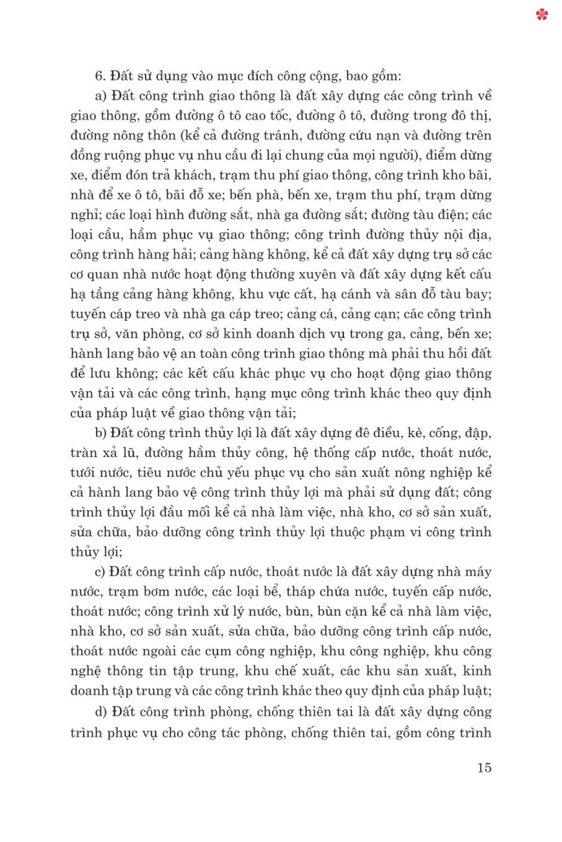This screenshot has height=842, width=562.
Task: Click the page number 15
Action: click(x=484, y=767)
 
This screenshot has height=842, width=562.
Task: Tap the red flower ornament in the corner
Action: click(x=542, y=14)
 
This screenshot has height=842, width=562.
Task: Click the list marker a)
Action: click(x=101, y=96)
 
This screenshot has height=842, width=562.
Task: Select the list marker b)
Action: click(x=101, y=433)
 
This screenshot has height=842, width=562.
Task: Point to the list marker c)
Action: click(x=100, y=572)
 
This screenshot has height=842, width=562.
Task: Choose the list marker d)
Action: click(x=101, y=712)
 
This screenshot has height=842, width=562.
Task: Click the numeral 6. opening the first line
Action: click(x=100, y=76)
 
